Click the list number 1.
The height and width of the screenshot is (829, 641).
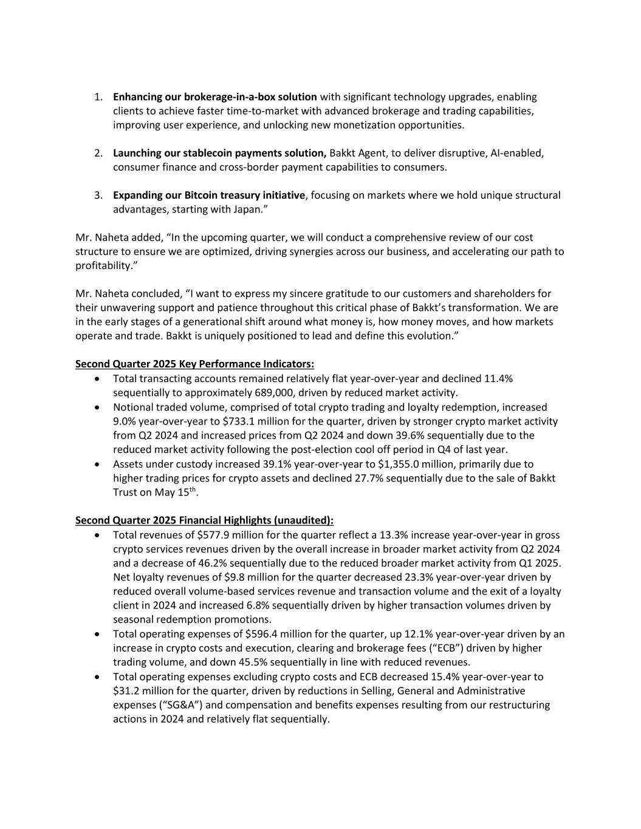tap(98, 97)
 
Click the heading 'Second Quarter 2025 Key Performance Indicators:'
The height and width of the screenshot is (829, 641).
tap(194, 364)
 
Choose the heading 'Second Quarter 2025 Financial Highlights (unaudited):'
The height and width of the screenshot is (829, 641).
tap(204, 520)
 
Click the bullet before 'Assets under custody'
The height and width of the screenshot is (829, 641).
tap(98, 464)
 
